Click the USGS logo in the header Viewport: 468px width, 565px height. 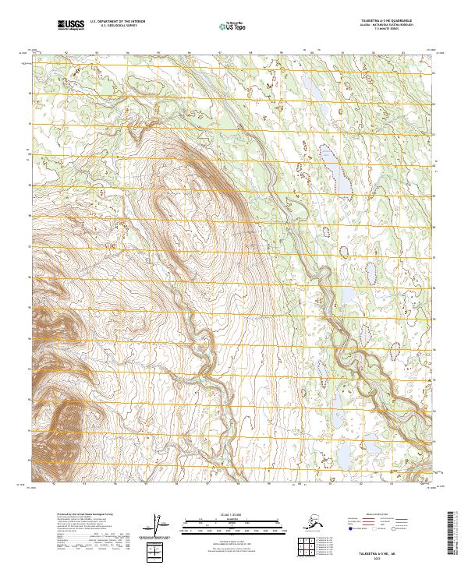(71, 26)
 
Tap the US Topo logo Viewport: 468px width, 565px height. (226, 26)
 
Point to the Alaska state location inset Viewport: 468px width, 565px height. (292, 520)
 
